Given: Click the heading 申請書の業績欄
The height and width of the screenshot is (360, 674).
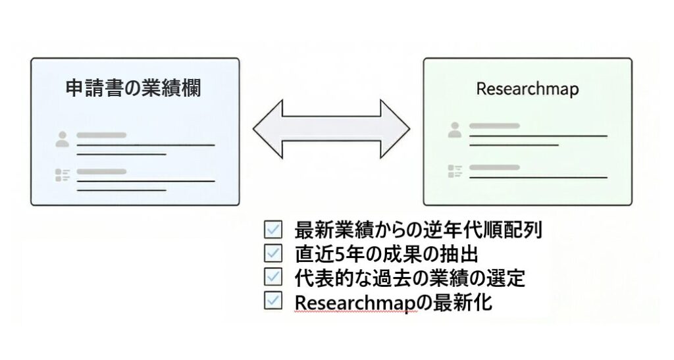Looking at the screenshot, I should tap(134, 89).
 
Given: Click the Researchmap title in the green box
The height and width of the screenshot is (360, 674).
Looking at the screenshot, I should tap(527, 89).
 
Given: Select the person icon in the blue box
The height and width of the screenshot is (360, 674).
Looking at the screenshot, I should tap(63, 139).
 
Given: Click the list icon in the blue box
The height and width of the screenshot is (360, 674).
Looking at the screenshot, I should tap(63, 175).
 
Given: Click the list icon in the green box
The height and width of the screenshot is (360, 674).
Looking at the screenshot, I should tap(455, 170).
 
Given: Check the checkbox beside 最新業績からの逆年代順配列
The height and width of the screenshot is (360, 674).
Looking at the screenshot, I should tap(272, 230).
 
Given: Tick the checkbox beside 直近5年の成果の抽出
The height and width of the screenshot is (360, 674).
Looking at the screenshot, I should tap(272, 253).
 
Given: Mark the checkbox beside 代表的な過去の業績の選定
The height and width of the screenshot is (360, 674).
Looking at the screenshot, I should tap(272, 277).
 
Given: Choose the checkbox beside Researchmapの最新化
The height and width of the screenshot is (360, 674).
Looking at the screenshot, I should tap(272, 301).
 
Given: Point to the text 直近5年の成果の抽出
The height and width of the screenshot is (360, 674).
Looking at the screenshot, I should tap(386, 254).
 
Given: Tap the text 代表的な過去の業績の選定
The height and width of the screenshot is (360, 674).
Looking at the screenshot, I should tap(410, 278).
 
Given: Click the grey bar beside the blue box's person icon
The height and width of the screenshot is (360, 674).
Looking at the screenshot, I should tap(101, 135).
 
